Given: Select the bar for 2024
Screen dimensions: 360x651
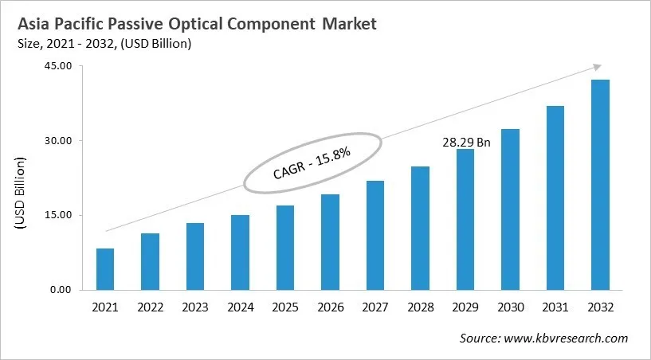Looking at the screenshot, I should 240,252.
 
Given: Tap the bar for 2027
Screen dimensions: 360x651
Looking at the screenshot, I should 375,235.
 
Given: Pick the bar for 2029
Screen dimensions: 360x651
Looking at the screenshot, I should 465,219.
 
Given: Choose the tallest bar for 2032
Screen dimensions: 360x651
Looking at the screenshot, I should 600,185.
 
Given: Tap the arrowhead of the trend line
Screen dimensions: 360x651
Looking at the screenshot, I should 595,68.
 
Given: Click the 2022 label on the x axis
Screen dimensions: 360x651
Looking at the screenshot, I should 150,307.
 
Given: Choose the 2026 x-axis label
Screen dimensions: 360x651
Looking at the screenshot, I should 330,307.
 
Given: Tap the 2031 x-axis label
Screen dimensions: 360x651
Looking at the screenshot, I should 555,307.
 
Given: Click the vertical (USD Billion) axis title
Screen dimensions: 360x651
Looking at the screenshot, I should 22,194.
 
